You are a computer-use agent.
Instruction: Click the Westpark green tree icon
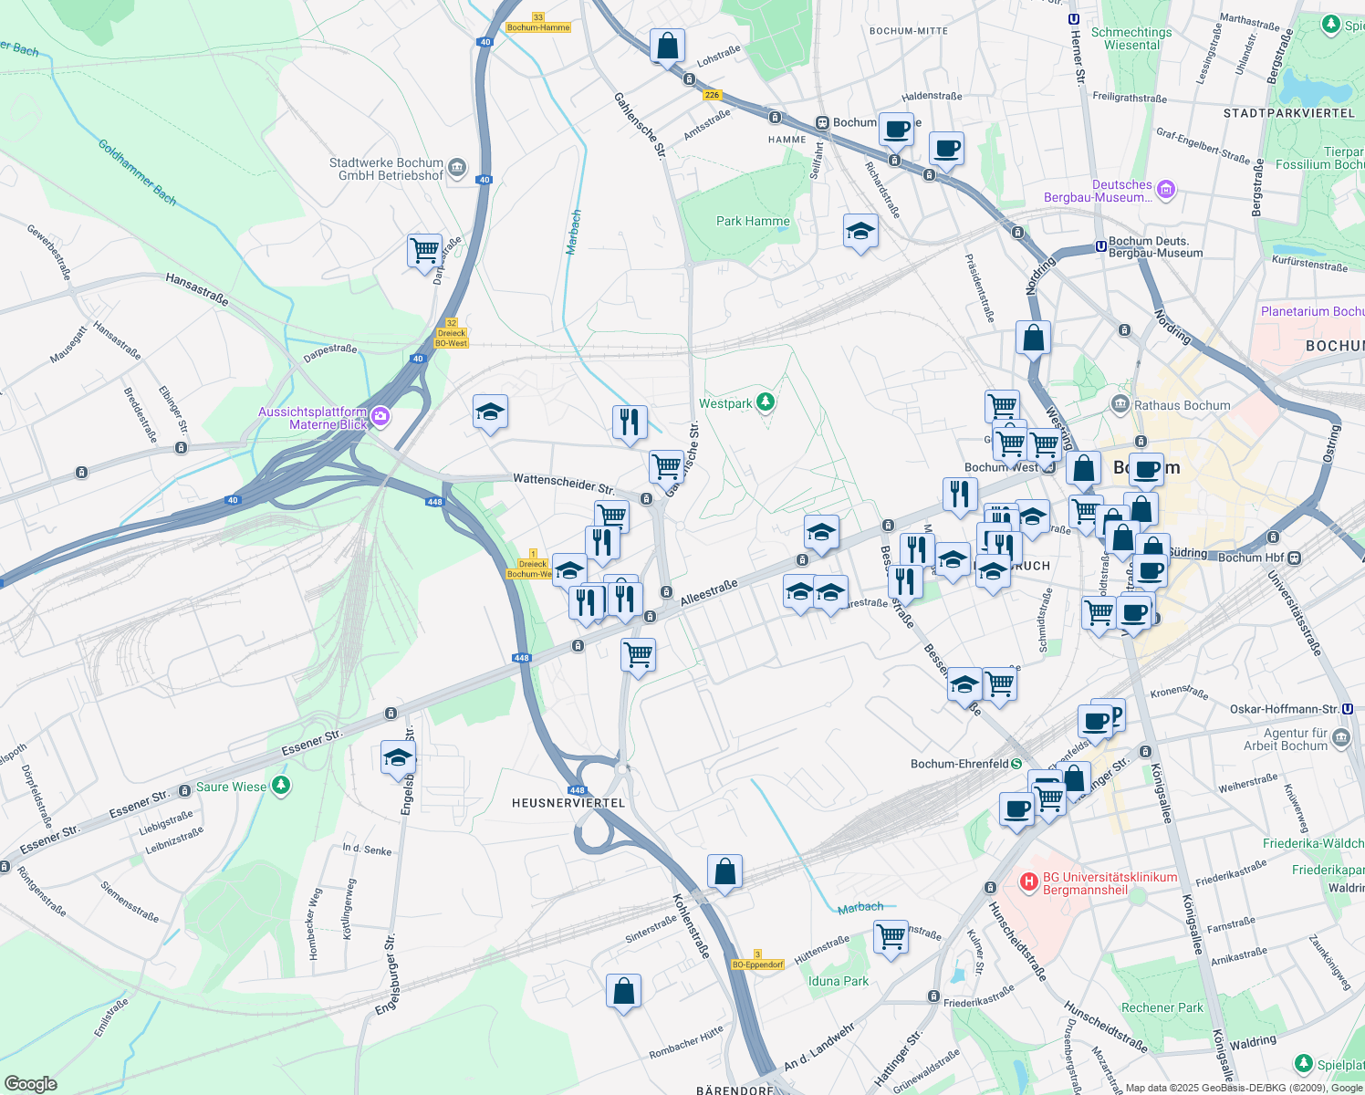click(766, 402)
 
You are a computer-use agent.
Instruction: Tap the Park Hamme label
click(753, 221)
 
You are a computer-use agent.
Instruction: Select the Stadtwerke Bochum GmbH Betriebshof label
click(386, 169)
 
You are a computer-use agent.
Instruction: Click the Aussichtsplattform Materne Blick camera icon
click(380, 418)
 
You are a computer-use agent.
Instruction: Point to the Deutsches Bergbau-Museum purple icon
click(1165, 190)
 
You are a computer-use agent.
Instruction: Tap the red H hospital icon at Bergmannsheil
click(1029, 881)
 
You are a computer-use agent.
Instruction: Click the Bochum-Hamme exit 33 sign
click(538, 23)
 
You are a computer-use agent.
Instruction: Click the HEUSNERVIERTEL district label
click(568, 803)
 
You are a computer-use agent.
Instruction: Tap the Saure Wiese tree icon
click(281, 786)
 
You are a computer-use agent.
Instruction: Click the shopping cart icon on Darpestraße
click(425, 250)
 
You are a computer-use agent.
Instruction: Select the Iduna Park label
click(839, 981)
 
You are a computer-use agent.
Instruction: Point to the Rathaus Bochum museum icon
click(1120, 404)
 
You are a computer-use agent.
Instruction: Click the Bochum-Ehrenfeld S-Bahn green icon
click(1016, 764)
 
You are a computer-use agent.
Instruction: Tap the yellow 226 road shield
click(712, 94)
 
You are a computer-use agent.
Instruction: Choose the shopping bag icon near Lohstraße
click(667, 45)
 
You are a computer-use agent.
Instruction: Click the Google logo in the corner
click(30, 1083)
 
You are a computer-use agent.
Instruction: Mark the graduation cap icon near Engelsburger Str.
click(398, 757)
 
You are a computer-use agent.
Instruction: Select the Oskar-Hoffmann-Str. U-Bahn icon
click(1348, 709)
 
